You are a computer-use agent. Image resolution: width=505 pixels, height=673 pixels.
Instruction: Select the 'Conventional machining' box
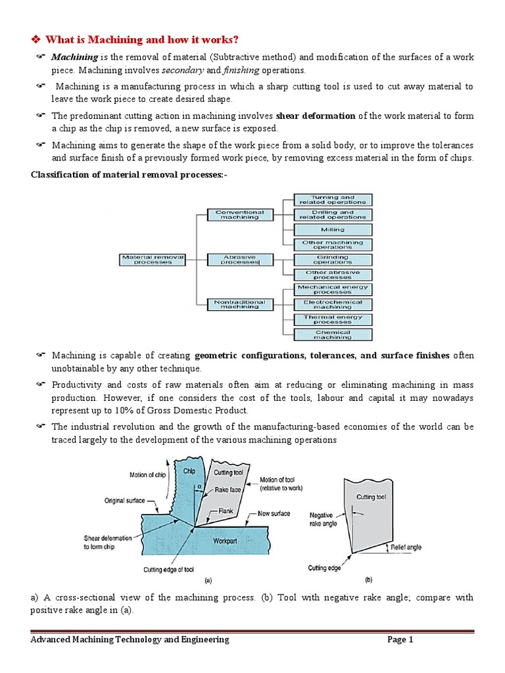tap(240, 215)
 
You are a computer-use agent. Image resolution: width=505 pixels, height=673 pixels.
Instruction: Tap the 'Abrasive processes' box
tap(240, 260)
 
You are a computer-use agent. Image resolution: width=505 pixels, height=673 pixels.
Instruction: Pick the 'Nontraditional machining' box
tap(240, 304)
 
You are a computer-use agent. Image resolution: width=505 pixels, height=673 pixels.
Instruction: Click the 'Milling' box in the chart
tap(332, 230)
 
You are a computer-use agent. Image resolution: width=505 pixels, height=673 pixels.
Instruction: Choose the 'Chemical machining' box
tap(332, 335)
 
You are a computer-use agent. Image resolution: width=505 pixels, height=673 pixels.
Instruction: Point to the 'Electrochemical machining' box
tap(332, 304)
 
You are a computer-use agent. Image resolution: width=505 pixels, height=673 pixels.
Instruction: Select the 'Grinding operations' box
tap(332, 260)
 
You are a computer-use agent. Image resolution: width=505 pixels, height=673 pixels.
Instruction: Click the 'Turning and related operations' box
tap(332, 200)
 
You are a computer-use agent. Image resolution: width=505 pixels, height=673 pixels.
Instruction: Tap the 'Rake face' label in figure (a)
tap(228, 490)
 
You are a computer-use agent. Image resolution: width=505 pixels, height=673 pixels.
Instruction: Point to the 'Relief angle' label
tap(406, 547)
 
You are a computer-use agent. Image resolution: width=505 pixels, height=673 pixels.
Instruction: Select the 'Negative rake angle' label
tap(324, 520)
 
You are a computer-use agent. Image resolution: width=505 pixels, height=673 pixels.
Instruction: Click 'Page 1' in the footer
tap(400, 639)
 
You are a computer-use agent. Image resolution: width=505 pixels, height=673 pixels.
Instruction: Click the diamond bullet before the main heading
tap(37, 40)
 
